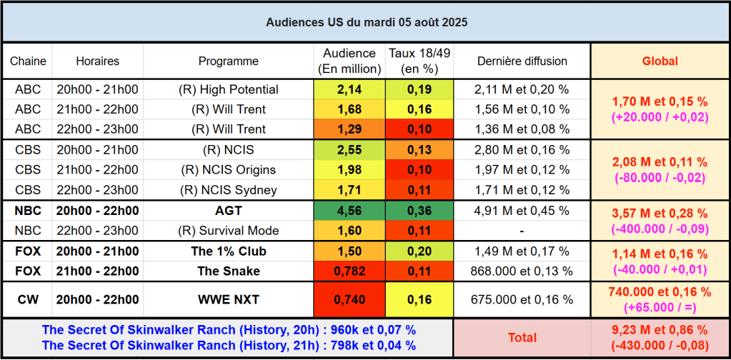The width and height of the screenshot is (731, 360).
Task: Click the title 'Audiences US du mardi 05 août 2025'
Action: coord(367,22)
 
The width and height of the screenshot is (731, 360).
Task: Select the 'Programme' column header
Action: coord(229,61)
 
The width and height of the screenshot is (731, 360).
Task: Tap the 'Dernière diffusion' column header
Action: coord(522,61)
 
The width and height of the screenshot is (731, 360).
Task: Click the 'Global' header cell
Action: coord(660,61)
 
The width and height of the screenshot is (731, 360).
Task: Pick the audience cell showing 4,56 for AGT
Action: coord(349,211)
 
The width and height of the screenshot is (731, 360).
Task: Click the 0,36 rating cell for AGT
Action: coord(419,211)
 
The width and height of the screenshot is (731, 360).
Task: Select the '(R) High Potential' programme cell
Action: coord(229,89)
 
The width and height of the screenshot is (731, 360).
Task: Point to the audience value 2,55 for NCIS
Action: coord(349,150)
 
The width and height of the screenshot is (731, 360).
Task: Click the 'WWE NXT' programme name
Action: coord(229,299)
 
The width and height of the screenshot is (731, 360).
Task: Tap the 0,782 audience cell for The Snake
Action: coord(349,271)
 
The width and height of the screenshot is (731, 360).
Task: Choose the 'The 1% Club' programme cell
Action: coord(229,251)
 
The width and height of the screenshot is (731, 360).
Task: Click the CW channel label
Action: coord(28,299)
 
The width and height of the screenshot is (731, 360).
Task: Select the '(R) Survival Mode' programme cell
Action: coord(229,231)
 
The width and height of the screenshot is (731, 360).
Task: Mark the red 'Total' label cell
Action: coord(522,337)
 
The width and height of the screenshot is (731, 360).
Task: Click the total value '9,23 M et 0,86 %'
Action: coord(660,330)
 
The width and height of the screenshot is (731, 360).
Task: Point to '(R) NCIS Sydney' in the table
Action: coord(229,190)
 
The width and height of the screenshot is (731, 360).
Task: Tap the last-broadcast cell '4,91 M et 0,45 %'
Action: coord(522,211)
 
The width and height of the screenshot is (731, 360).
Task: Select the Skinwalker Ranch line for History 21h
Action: coord(229,346)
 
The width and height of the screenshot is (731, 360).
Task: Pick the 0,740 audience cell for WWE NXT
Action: coord(349,299)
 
